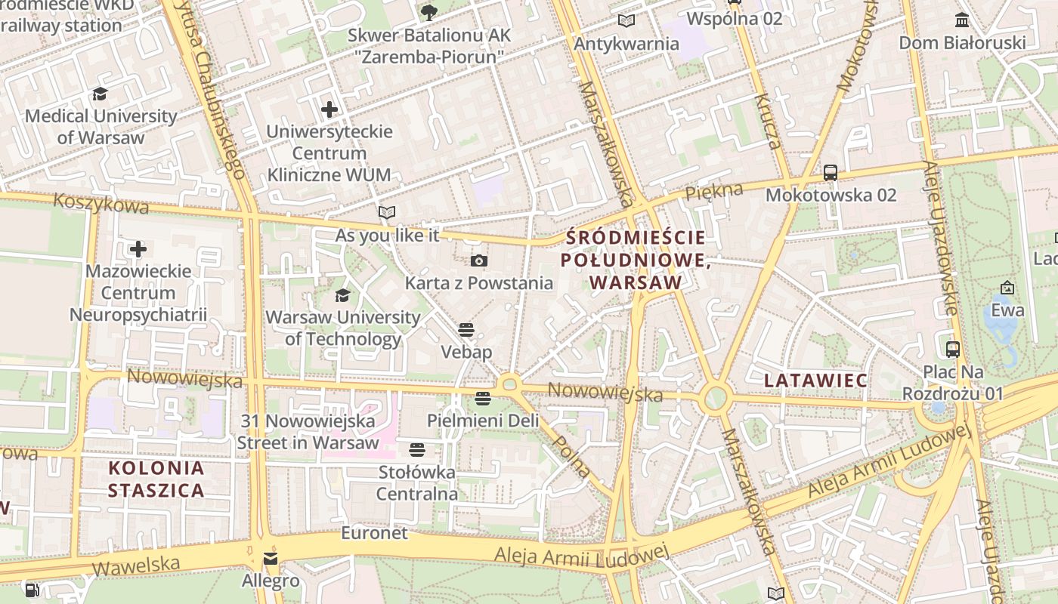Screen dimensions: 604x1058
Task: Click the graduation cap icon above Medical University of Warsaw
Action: (100, 94)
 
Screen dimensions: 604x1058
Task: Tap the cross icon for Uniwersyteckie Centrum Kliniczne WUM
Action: (329, 109)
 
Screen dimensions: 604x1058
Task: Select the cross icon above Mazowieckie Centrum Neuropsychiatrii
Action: (138, 248)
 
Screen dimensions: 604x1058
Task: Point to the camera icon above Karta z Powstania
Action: (478, 261)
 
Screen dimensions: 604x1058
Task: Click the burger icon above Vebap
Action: (466, 330)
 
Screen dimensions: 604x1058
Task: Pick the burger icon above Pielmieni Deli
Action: (483, 398)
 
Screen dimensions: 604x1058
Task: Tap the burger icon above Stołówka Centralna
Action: (416, 451)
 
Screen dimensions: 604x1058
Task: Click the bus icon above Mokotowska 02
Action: (831, 173)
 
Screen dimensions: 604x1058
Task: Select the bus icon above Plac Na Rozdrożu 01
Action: (953, 350)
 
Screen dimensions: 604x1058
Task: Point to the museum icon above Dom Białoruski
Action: (962, 20)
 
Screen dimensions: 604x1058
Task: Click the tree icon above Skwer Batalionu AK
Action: (428, 13)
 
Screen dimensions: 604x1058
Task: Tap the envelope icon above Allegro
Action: (270, 559)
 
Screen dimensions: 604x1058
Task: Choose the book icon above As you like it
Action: (387, 213)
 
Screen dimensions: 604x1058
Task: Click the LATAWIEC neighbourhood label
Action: (815, 380)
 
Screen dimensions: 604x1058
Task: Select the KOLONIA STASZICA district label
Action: (156, 479)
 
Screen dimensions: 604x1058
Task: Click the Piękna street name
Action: (713, 192)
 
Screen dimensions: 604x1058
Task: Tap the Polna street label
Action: (572, 456)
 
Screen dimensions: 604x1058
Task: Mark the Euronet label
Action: (374, 533)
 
